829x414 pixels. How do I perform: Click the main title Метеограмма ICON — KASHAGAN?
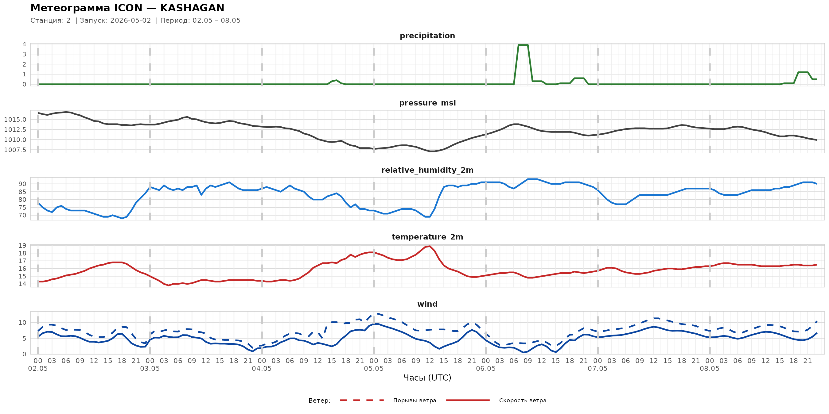click(127, 8)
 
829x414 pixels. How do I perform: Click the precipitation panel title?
click(427, 36)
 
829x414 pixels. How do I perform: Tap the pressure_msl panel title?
click(427, 103)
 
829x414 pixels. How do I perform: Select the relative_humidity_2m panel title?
click(427, 170)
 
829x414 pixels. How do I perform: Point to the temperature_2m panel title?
click(427, 237)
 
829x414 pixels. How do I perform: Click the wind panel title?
click(427, 304)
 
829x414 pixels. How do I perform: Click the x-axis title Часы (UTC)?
click(427, 378)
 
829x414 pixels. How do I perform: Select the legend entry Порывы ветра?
click(414, 401)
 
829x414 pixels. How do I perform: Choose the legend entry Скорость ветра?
click(523, 401)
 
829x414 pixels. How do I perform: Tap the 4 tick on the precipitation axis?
click(24, 44)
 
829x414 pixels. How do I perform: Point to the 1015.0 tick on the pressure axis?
click(15, 120)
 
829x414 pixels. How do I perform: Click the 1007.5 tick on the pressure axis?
click(15, 150)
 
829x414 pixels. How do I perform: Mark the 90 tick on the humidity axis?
click(22, 184)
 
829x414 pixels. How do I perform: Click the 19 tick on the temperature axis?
click(22, 246)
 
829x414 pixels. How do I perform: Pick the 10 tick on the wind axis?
click(22, 323)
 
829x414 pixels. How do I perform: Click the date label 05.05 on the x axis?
click(374, 369)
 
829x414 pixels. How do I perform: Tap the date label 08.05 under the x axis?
click(710, 369)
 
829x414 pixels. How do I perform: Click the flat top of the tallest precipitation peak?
click(523, 45)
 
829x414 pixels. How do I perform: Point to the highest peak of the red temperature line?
click(430, 246)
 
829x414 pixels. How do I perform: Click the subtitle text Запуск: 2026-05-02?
click(115, 21)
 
